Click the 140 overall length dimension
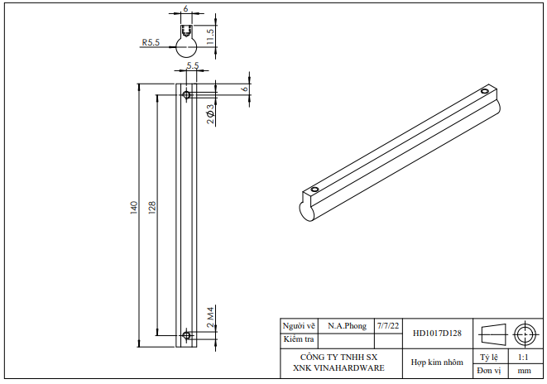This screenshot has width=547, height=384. (133, 208)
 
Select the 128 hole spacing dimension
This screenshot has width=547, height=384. (151, 208)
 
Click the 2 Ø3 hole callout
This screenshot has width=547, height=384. (211, 114)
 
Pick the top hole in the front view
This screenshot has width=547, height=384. (187, 95)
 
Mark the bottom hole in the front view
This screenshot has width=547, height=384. (187, 335)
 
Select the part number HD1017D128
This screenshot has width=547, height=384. (437, 334)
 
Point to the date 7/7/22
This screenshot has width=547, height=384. (387, 326)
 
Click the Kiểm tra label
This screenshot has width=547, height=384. (300, 339)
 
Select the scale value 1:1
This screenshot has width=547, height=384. (523, 358)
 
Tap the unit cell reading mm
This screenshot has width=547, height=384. (524, 371)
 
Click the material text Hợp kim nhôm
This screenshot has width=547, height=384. (437, 362)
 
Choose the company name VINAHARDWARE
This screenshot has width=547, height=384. (338, 367)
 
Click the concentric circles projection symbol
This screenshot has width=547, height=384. (524, 334)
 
